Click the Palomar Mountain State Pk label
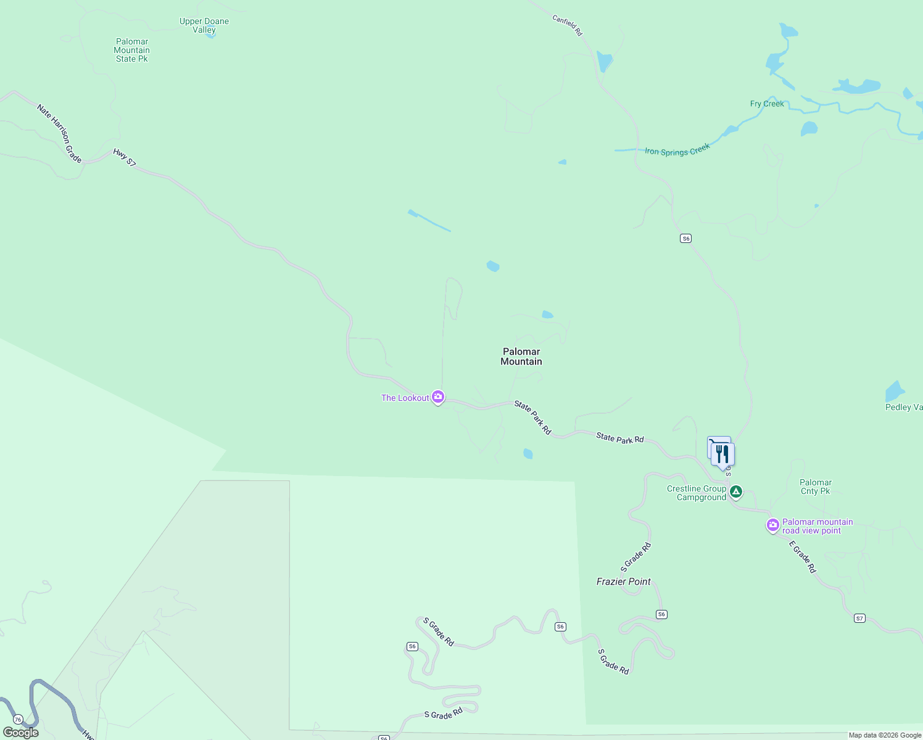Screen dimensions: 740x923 coord(132,51)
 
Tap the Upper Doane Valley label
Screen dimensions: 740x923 coord(204,25)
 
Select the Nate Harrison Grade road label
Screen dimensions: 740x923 coord(59,133)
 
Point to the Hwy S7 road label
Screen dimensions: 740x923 coord(125,158)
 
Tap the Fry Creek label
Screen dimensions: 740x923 coord(767,104)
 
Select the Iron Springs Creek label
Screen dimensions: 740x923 coord(677,150)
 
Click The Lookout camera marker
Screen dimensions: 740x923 coord(438,397)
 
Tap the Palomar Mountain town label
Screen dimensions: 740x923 coord(521,356)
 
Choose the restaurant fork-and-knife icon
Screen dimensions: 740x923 coord(722,454)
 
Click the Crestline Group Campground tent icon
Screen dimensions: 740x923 coord(735,491)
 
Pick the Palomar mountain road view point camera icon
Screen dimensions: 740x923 coord(773,525)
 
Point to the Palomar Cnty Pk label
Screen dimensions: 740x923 coord(816,487)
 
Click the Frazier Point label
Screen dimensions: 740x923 coord(624,582)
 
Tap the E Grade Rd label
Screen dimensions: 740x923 coord(803,557)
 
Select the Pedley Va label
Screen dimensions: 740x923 coord(904,407)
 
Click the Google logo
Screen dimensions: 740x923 coord(21,733)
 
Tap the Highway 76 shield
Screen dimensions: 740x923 coord(18,720)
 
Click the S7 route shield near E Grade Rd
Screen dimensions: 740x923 coord(859,618)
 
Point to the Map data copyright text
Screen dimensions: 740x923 coord(885,735)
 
